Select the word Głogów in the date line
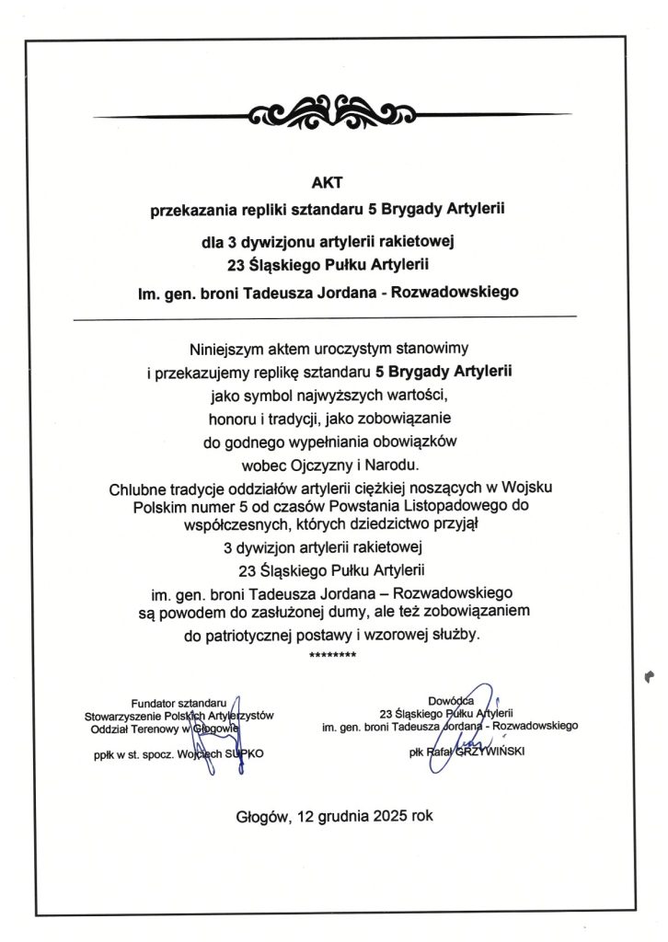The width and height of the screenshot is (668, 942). coord(262,815)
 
